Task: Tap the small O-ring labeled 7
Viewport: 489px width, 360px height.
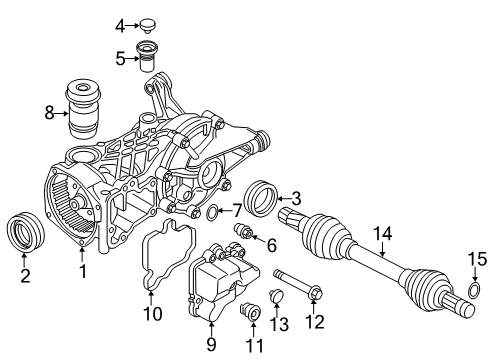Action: (213, 212)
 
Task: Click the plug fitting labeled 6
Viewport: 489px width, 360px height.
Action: (244, 235)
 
